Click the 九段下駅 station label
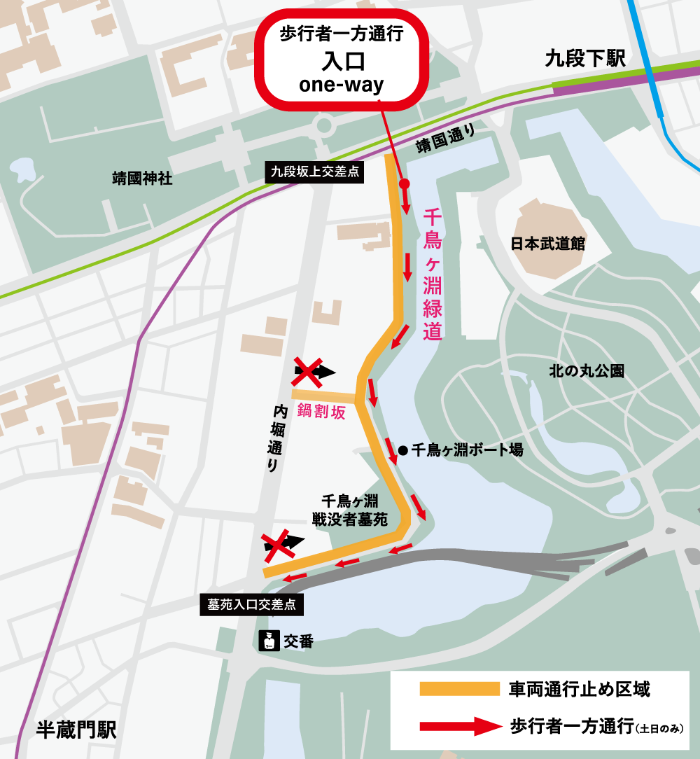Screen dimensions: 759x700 [584, 60]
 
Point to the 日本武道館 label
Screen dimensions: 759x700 [548, 244]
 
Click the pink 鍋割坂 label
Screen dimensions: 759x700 [321, 412]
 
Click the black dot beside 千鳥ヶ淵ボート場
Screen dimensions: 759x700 [402, 450]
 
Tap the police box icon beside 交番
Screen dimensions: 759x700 [267, 641]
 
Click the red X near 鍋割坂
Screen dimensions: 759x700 [306, 371]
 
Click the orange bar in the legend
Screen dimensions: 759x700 [454, 689]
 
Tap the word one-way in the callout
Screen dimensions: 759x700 [342, 85]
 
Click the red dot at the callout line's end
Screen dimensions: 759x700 [404, 183]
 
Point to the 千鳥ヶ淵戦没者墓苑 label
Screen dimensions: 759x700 [349, 510]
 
